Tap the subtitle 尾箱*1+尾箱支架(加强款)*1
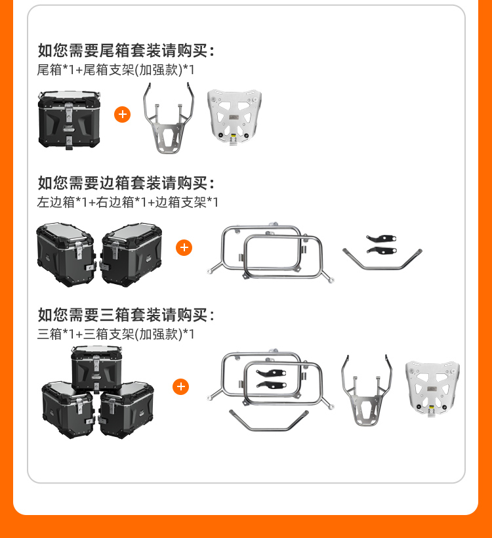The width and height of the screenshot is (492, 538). (115, 70)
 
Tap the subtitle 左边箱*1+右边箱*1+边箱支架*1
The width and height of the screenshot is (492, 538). (128, 202)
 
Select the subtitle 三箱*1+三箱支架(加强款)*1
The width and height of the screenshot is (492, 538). (115, 333)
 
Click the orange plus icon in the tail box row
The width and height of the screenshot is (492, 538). (123, 115)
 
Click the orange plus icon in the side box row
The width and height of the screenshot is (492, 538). (184, 247)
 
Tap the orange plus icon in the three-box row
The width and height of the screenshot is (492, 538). (181, 386)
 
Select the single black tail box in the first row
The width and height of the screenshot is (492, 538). (70, 120)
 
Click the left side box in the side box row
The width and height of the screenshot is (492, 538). (66, 255)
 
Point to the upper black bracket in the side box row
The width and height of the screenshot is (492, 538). (381, 238)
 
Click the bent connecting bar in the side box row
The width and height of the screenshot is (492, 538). (382, 267)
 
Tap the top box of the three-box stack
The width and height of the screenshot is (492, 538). (96, 369)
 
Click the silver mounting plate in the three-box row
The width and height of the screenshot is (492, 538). (432, 388)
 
